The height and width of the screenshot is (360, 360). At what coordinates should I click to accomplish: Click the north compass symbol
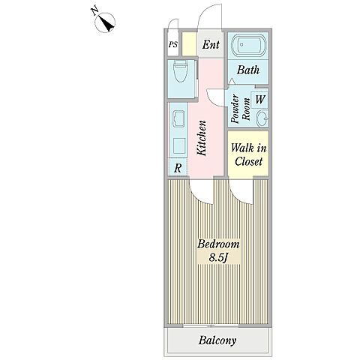(105, 22)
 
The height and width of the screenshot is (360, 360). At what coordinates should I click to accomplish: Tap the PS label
(172, 45)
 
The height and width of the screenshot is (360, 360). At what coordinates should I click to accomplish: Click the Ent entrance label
(211, 44)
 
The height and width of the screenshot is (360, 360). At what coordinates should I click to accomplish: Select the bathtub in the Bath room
(248, 46)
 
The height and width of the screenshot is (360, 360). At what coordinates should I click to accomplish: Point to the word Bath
(248, 70)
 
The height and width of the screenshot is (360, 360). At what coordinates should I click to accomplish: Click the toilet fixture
(181, 71)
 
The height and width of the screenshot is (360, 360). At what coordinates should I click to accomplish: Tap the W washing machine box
(259, 100)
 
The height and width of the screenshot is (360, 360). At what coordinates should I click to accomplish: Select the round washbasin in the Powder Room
(263, 118)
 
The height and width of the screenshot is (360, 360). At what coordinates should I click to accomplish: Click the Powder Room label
(240, 109)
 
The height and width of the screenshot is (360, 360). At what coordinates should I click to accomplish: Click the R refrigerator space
(178, 168)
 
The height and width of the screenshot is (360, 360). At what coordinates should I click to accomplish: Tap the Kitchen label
(201, 138)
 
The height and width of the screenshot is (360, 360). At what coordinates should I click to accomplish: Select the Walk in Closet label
(248, 154)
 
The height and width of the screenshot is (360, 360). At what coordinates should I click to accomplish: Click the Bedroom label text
(218, 244)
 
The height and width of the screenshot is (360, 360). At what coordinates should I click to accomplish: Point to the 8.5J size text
(218, 258)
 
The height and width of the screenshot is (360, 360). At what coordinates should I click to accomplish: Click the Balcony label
(217, 340)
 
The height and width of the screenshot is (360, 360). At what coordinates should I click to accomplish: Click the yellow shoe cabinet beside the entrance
(189, 44)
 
